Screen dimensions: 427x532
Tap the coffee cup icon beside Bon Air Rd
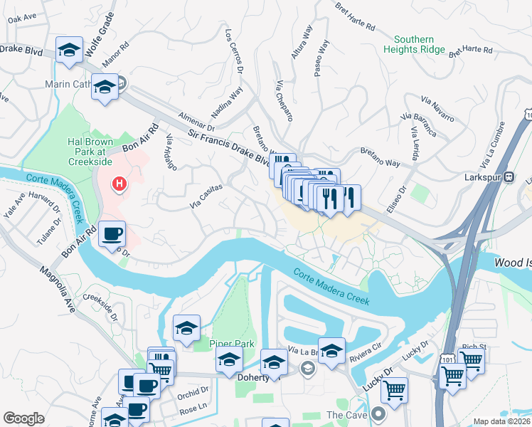pos(111,234)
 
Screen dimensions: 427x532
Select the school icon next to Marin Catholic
pos(105,88)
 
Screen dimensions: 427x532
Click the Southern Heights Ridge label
pos(414,44)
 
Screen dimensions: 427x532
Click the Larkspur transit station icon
pos(509,179)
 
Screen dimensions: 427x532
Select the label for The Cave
pos(345,414)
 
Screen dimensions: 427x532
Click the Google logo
pos(23,418)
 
